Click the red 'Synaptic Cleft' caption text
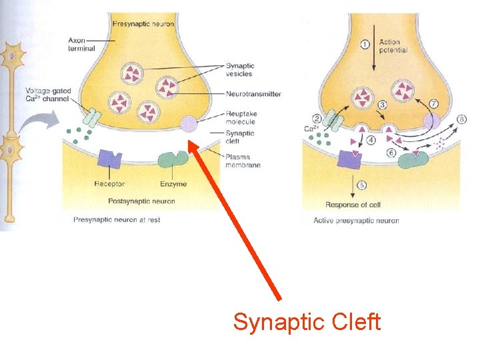point(307,323)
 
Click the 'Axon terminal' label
point(81,44)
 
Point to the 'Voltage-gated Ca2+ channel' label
point(49,95)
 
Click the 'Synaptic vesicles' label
point(239,69)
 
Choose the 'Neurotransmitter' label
point(253,94)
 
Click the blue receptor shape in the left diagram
point(109,159)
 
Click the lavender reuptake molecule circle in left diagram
point(189,123)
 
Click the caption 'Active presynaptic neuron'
point(356,220)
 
